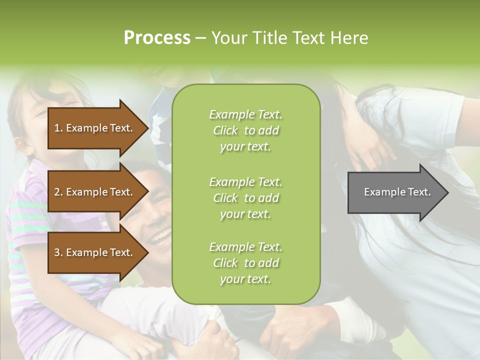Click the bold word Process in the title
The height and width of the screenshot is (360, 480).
[157, 38]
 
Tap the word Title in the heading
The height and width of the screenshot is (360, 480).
[269, 38]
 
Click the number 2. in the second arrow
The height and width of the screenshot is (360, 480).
[58, 192]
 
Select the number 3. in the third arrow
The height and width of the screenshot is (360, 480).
[58, 252]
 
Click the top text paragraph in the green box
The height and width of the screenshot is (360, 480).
[245, 130]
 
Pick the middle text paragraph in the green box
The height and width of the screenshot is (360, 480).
[245, 198]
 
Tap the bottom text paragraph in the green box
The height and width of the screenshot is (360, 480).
[245, 263]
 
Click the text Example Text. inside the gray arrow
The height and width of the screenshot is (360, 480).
[397, 192]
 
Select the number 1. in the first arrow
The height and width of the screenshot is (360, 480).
[58, 128]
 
